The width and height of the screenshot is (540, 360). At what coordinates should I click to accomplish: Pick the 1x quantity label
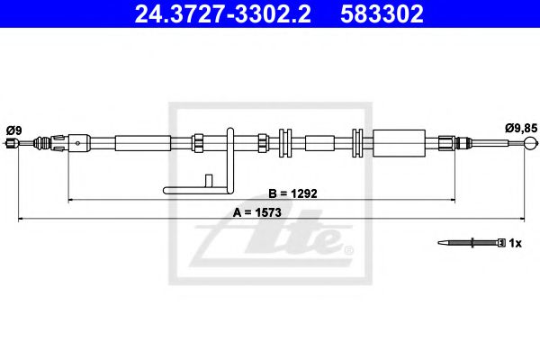click(x=515, y=243)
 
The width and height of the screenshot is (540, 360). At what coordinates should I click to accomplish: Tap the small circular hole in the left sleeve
click(x=82, y=141)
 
